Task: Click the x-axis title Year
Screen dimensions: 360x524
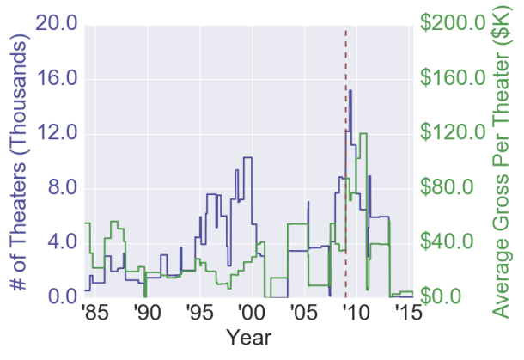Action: click(248, 337)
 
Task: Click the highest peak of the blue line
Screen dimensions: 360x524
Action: click(350, 90)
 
